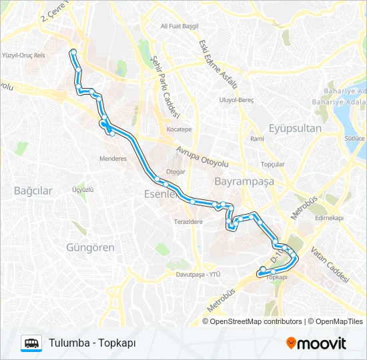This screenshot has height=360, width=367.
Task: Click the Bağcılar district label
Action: pos(33,191)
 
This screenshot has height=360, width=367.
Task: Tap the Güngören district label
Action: pos(90,247)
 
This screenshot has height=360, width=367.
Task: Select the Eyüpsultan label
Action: pos(294,128)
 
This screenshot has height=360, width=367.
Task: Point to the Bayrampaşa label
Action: pos(240,181)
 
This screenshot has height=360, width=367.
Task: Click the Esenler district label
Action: pos(160,194)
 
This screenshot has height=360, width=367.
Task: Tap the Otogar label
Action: pos(175,171)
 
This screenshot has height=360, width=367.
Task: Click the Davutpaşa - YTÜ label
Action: pos(198,274)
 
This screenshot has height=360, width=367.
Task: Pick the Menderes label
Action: pos(113,159)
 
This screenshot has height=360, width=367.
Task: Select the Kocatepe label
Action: pos(179,129)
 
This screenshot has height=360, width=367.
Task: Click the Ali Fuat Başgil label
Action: pos(180,26)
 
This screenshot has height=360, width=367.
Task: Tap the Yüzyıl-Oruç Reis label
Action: pos(23,55)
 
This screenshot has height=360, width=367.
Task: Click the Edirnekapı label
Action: pos(329,217)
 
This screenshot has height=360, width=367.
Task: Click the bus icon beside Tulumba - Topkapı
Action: pos(31,343)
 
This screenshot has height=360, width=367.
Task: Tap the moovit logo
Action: pos(316,343)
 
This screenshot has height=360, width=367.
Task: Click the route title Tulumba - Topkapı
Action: pos(92,343)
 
